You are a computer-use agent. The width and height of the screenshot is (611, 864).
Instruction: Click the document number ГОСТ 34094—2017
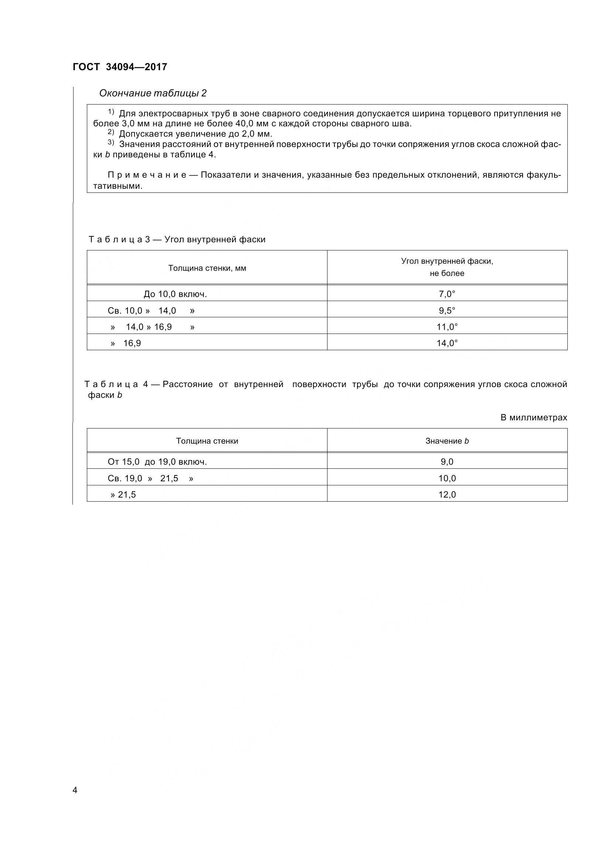120,67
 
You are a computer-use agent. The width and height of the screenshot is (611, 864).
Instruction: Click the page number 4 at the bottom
75,790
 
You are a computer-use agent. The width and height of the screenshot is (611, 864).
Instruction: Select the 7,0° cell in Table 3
447,294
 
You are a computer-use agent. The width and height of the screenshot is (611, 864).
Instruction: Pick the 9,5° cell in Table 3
447,310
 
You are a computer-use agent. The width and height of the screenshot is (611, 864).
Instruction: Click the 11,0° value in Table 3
447,327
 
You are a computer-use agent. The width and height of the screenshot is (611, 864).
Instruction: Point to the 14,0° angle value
447,343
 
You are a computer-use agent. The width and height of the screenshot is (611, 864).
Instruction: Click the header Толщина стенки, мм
207,268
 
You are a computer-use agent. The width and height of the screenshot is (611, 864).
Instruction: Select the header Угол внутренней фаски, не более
447,267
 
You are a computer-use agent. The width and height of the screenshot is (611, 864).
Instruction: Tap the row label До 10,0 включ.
175,294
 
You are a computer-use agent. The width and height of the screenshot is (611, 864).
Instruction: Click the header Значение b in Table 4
447,441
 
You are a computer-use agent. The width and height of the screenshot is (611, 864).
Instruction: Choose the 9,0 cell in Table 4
447,462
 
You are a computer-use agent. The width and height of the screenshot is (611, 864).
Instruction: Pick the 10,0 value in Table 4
447,478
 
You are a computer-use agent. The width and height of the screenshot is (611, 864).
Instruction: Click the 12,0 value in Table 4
447,495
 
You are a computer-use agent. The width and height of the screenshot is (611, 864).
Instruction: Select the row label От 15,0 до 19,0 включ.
157,462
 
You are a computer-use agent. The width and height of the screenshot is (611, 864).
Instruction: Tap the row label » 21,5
123,495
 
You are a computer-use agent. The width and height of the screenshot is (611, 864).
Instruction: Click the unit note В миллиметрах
533,417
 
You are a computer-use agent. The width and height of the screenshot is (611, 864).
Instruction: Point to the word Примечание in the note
147,175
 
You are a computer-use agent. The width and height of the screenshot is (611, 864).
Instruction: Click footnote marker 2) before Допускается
111,132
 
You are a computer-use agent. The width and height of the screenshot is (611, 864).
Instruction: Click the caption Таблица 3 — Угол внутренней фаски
177,239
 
